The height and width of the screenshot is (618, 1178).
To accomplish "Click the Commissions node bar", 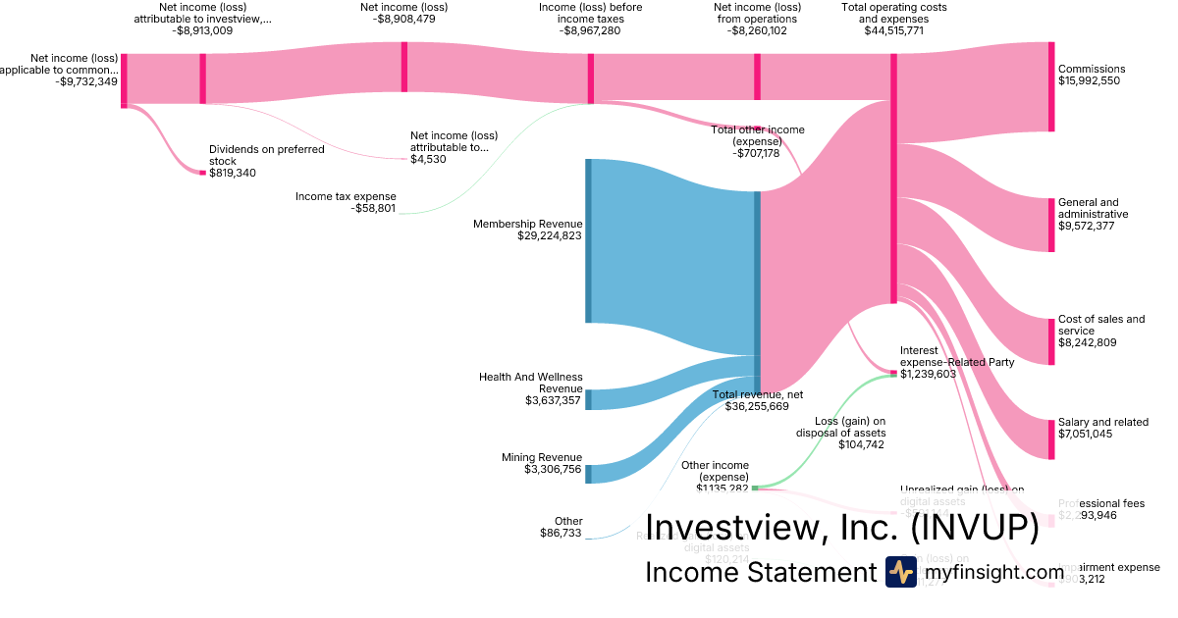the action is click(x=1051, y=86).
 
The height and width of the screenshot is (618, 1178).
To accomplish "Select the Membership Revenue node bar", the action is click(x=589, y=240).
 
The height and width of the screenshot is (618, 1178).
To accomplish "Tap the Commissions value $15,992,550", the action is click(x=1089, y=81).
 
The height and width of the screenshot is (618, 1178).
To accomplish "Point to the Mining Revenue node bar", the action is click(x=589, y=474).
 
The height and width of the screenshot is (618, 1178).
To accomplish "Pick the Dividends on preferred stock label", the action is click(x=252, y=155).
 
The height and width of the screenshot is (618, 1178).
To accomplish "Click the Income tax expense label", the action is click(x=346, y=196).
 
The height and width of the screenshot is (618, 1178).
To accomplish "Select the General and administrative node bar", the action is click(x=1051, y=225).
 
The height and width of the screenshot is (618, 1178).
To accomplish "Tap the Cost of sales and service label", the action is click(x=1100, y=325).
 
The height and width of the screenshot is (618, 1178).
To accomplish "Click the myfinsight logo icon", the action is click(x=900, y=572).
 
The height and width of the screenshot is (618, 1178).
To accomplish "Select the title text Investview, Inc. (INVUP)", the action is click(x=841, y=528).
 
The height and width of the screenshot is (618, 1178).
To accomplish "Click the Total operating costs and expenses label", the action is click(x=894, y=13).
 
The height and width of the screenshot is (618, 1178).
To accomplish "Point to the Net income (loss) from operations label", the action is click(x=755, y=13).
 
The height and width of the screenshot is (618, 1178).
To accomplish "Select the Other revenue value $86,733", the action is click(x=561, y=533).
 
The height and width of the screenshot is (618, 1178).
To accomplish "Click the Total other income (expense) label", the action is click(x=757, y=135).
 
